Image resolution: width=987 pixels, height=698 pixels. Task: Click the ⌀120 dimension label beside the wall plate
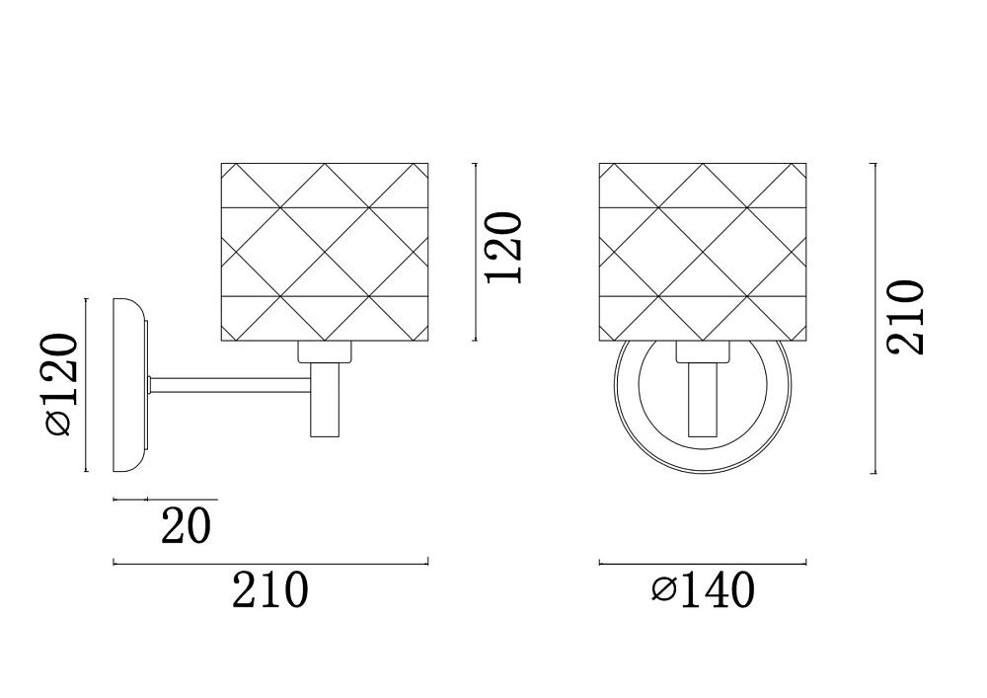pyautogui.click(x=61, y=384)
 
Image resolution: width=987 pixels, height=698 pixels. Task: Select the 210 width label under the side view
pyautogui.click(x=270, y=589)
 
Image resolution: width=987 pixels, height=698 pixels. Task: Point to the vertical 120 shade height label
pyautogui.click(x=503, y=248)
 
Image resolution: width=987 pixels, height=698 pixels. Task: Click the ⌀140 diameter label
pyautogui.click(x=703, y=589)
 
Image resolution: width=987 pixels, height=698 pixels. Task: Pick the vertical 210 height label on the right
pyautogui.click(x=905, y=318)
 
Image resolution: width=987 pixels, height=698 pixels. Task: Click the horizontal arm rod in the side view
pyautogui.click(x=230, y=385)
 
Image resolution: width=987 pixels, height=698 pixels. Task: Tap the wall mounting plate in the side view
pyautogui.click(x=130, y=385)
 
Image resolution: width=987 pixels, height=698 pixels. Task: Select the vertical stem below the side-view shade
pyautogui.click(x=326, y=400)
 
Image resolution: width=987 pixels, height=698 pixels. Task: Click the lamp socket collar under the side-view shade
pyautogui.click(x=324, y=352)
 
